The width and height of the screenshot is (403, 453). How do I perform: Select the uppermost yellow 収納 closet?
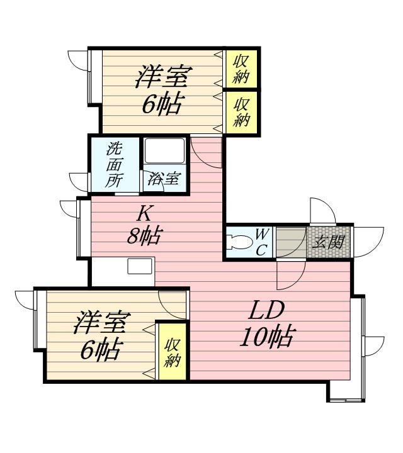click(242, 69)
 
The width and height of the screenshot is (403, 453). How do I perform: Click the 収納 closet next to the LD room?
click(172, 351)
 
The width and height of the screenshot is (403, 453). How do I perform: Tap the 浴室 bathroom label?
click(163, 178)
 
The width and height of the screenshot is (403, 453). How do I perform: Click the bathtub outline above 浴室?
click(164, 151)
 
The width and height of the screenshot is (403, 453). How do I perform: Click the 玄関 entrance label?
click(328, 242)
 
